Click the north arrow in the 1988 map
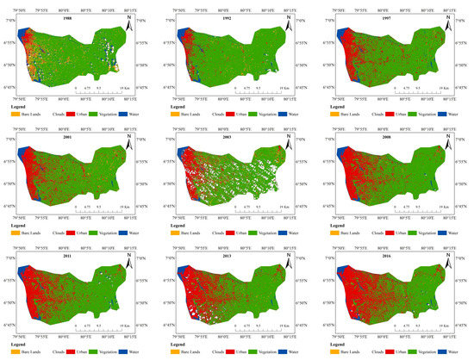[x=126, y=25]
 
